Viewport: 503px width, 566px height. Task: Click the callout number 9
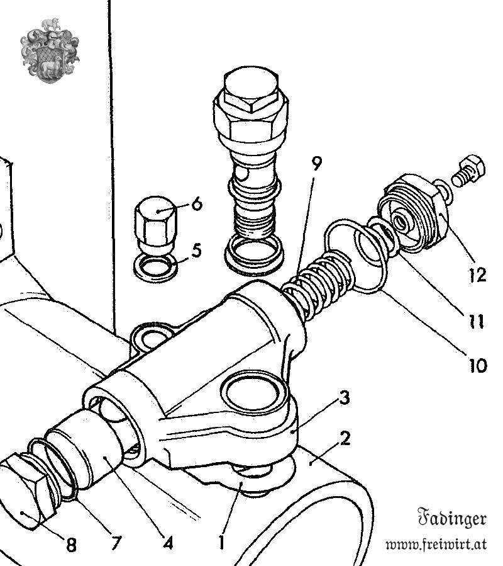[x=316, y=166]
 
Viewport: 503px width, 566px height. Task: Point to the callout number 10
[x=477, y=365]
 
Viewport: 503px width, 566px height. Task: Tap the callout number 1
[x=221, y=541]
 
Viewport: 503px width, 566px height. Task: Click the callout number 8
[x=70, y=545]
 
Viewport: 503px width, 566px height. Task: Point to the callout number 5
[x=196, y=251]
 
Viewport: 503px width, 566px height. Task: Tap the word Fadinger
[x=452, y=519]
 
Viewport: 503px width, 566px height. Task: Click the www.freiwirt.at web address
[x=436, y=544]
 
